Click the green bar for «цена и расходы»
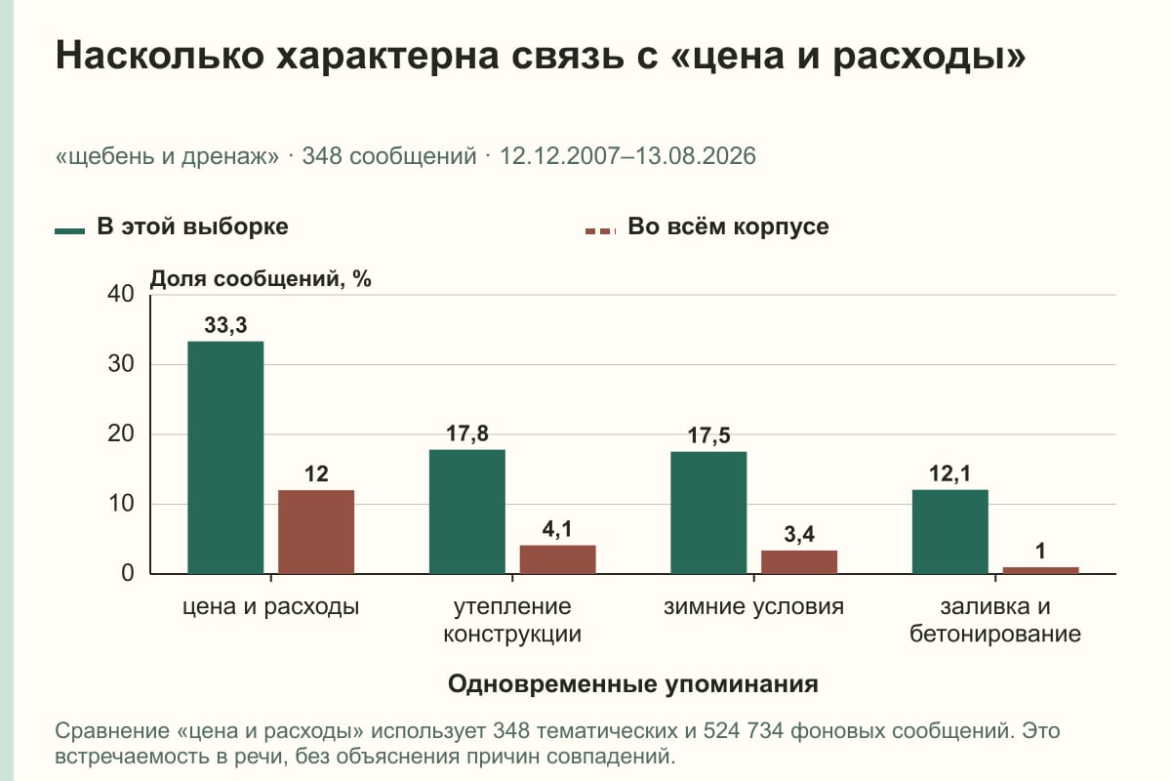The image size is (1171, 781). pos(225,458)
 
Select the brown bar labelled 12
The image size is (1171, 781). pos(316,532)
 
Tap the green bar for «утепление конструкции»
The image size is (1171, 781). pos(466,512)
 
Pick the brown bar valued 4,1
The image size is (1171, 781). pos(557,559)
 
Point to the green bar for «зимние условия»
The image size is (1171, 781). pos(708,513)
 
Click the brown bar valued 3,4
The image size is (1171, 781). pos(799,562)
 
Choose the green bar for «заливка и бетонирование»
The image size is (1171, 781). pos(949,531)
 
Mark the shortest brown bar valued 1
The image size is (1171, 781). pos(1040,570)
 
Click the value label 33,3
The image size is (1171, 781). pos(225,325)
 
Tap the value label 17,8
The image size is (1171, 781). pos(466,433)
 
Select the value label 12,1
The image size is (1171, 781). pos(949,473)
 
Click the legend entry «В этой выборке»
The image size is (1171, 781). pos(172,227)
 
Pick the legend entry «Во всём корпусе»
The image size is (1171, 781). pos(707,227)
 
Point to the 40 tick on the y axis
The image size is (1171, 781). pos(121,294)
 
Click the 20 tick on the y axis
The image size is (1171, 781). pos(121,433)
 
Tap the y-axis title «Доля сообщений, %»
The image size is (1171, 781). pos(261,279)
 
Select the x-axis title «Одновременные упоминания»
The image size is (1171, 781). pos(632,683)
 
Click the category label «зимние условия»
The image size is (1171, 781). pos(753,607)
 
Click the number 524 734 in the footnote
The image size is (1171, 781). pos(743,731)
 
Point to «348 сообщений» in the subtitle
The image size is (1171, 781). pos(389,156)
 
